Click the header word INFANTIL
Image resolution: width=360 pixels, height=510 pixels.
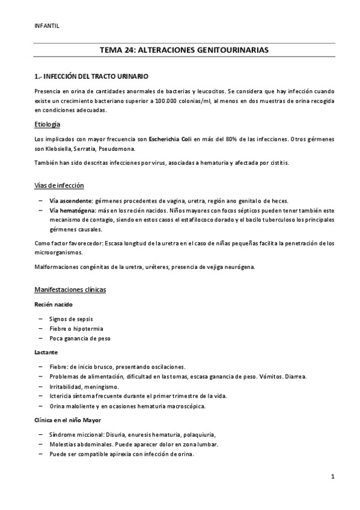(47, 26)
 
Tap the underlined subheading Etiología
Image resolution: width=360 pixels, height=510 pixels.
(48, 124)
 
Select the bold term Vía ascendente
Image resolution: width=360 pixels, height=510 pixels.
(71, 200)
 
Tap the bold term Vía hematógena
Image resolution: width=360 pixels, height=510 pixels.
(72, 210)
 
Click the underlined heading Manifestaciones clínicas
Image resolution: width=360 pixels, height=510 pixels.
(70, 290)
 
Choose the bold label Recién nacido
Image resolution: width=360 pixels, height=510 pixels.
(53, 304)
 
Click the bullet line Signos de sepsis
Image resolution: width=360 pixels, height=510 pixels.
(71, 319)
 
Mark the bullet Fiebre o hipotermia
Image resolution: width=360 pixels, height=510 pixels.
(76, 329)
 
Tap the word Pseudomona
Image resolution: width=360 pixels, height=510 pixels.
(119, 149)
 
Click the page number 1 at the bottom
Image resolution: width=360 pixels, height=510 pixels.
(332, 477)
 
